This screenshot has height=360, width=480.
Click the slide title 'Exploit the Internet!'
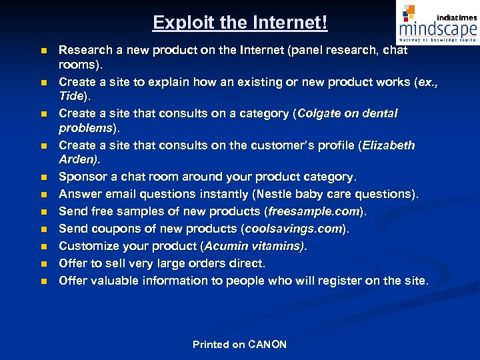click(240, 23)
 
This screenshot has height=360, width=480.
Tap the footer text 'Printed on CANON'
click(239, 345)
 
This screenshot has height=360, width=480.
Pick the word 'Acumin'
click(226, 247)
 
